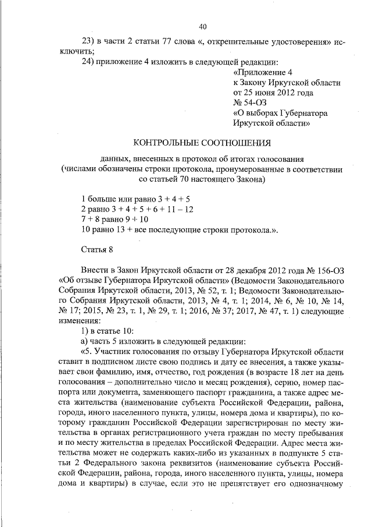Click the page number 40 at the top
202,26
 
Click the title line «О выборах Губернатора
280,113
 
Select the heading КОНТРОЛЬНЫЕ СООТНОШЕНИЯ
202,142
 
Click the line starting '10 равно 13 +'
179,229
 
